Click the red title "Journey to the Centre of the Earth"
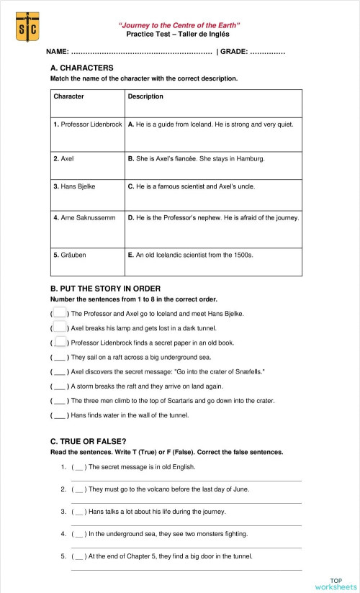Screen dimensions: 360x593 coord(179,25)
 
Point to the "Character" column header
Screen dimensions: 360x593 coord(68,96)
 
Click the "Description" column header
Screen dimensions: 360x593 coord(145,96)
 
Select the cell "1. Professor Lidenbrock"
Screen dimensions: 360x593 coord(88,125)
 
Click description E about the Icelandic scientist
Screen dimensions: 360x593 coord(191,255)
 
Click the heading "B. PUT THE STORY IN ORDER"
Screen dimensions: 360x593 coord(105,289)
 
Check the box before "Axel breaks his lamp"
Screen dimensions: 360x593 coord(60,327)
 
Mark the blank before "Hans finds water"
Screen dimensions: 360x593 coord(60,415)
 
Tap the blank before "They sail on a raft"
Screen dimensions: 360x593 coord(60,357)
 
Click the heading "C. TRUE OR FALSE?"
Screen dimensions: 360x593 coord(89,441)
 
